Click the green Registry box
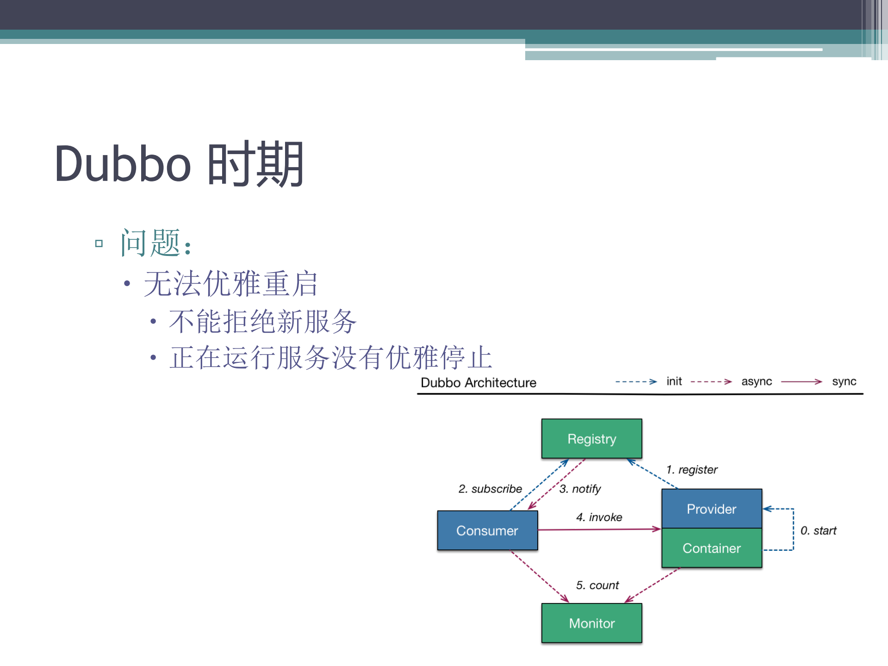tap(591, 438)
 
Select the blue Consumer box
tap(487, 530)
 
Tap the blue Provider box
tap(711, 509)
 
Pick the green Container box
tap(711, 548)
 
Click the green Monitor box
tap(591, 623)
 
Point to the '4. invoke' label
tap(599, 517)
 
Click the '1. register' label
tap(691, 470)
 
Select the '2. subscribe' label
tap(490, 489)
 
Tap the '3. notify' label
tap(580, 489)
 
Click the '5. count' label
tap(597, 585)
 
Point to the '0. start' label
tap(818, 530)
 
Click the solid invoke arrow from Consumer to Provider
tap(599, 529)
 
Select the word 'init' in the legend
tap(674, 381)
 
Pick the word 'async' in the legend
tap(756, 381)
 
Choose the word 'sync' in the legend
tap(844, 381)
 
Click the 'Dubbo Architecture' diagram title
tap(478, 383)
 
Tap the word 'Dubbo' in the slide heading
tap(123, 164)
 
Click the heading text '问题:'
tap(155, 243)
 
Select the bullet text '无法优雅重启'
tap(230, 284)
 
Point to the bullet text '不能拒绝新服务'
tap(262, 322)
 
